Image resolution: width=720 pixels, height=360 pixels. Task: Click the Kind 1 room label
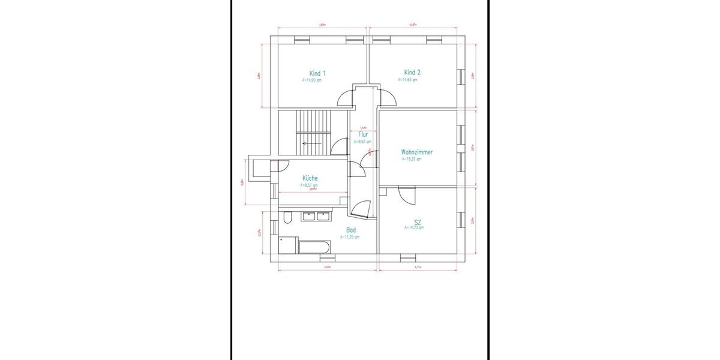click(317, 73)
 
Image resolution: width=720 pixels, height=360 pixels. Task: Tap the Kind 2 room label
click(412, 73)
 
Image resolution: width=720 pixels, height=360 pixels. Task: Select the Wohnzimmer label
click(417, 152)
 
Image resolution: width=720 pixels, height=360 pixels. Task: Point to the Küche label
click(310, 179)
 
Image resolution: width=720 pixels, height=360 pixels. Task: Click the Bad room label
click(351, 230)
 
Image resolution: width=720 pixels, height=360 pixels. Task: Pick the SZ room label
click(418, 222)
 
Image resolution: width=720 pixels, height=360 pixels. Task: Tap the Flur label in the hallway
click(363, 135)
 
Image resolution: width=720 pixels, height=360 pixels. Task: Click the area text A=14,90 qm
click(312, 80)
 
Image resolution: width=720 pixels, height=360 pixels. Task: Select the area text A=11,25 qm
click(350, 237)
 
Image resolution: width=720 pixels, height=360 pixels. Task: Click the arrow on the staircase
click(311, 143)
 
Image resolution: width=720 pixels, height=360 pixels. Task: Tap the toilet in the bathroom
click(287, 217)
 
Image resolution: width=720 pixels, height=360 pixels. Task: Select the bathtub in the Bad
click(314, 246)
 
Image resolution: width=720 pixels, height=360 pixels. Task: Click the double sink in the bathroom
click(316, 216)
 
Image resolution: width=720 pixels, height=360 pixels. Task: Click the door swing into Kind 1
click(346, 98)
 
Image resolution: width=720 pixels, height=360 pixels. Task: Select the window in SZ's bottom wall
click(407, 258)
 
